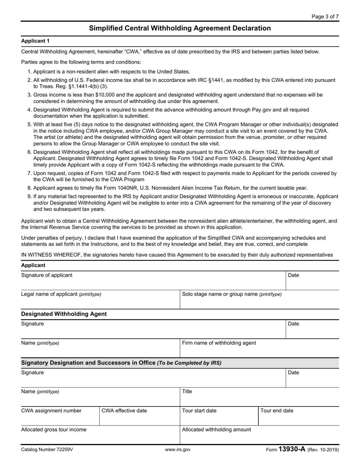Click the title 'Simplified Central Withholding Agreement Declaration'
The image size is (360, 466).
coord(180,28)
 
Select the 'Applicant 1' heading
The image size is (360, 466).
coord(35,41)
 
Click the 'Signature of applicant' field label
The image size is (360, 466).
coord(47,275)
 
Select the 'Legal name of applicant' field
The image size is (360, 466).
coord(100,300)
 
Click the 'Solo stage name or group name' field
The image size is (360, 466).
coord(259,300)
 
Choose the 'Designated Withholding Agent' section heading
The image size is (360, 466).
coord(64,314)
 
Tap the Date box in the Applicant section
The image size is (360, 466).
coord(312,281)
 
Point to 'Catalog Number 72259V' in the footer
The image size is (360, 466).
coord(47,450)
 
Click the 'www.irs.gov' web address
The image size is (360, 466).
coord(178,450)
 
